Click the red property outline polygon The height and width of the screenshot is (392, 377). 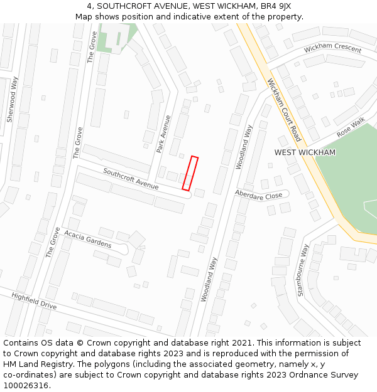tap(190, 173)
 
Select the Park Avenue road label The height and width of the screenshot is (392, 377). tap(163, 134)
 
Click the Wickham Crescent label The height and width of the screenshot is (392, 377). tap(332, 49)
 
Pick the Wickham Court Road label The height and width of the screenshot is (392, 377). tap(284, 109)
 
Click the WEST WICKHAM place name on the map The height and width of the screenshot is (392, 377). tap(305, 152)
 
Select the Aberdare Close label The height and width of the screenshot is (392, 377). tap(258, 195)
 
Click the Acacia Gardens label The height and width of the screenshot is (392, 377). tap(87, 239)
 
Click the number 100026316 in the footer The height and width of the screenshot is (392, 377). tap(26, 386)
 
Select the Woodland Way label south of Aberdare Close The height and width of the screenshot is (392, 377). tap(208, 279)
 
